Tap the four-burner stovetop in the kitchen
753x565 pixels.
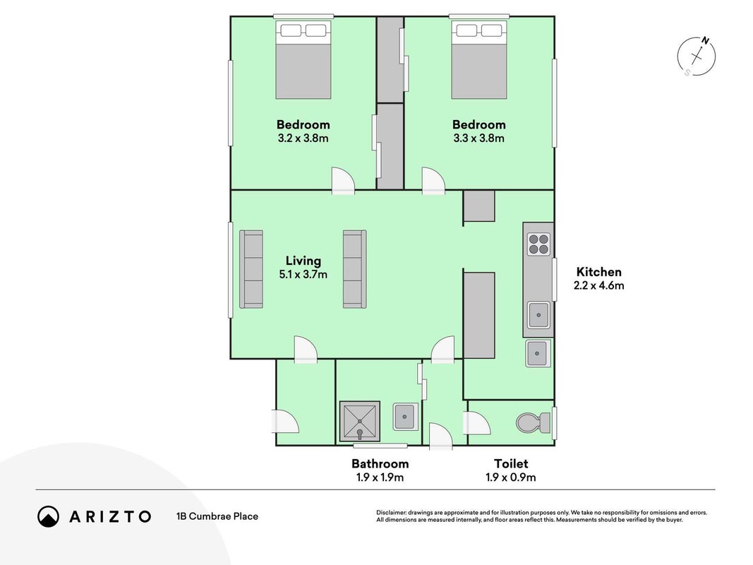pos(538,244)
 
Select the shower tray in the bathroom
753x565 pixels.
pos(360,422)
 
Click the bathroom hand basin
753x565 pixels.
pos(405,417)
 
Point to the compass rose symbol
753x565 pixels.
pos(697,56)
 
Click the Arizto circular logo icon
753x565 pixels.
pos(49,516)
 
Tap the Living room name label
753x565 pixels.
pos(303,261)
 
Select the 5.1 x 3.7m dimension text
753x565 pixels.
pos(303,274)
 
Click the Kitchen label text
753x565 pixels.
pos(599,272)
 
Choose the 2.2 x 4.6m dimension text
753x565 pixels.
pos(599,285)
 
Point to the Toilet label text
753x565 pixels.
pos(511,463)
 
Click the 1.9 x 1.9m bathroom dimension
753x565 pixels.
pos(380,477)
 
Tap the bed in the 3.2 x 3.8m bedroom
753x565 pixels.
pos(303,59)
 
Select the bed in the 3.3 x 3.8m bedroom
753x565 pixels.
pos(478,59)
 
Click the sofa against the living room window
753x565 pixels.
pos(251,269)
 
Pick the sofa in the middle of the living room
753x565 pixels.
pos(354,269)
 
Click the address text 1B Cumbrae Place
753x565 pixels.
pos(217,516)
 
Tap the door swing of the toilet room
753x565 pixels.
pos(476,423)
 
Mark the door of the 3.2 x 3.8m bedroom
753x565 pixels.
pos(343,180)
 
